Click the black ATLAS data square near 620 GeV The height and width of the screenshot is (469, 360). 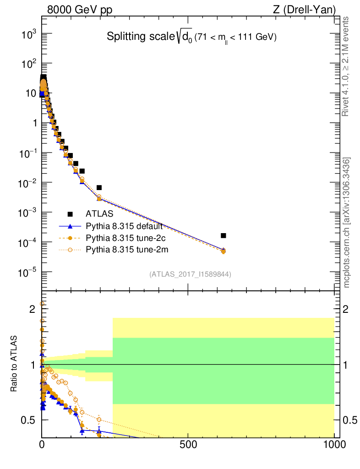[224, 235]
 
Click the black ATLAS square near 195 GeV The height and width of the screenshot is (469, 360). [99, 187]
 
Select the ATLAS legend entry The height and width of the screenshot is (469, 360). [99, 213]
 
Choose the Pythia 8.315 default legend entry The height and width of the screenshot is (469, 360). [124, 226]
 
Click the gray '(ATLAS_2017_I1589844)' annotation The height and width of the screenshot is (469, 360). [190, 274]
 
